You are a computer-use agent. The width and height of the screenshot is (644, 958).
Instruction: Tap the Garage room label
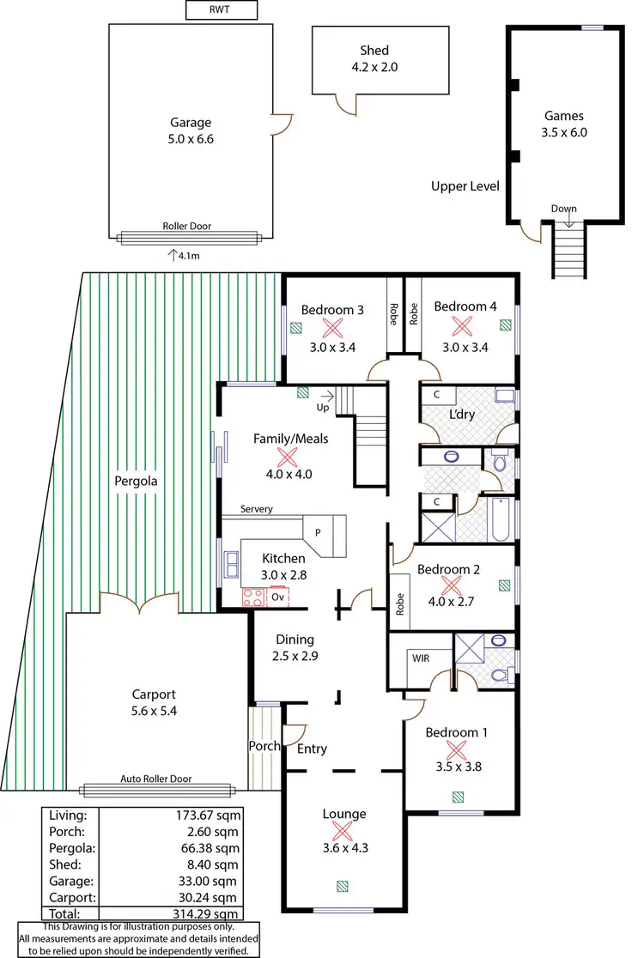click(x=190, y=123)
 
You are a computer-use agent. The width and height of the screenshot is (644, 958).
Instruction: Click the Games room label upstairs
click(x=564, y=116)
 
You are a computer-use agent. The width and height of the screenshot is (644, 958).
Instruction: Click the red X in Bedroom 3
click(x=331, y=327)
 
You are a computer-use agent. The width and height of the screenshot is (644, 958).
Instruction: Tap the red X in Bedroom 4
click(x=463, y=327)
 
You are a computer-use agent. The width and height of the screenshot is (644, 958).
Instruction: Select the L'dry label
click(x=463, y=415)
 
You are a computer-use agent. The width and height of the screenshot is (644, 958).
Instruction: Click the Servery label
click(x=257, y=509)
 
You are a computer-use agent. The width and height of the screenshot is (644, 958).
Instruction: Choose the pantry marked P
click(x=318, y=532)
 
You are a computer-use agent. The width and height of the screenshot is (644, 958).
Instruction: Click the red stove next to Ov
click(x=253, y=596)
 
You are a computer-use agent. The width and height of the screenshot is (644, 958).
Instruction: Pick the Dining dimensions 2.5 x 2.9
click(x=295, y=656)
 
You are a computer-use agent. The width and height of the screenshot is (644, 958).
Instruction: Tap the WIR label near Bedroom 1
click(x=420, y=658)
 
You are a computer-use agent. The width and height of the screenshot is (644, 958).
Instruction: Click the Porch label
click(x=264, y=746)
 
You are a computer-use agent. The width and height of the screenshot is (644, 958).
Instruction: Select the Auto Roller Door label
click(x=156, y=779)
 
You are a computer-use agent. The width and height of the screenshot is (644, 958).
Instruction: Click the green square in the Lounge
click(x=343, y=886)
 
